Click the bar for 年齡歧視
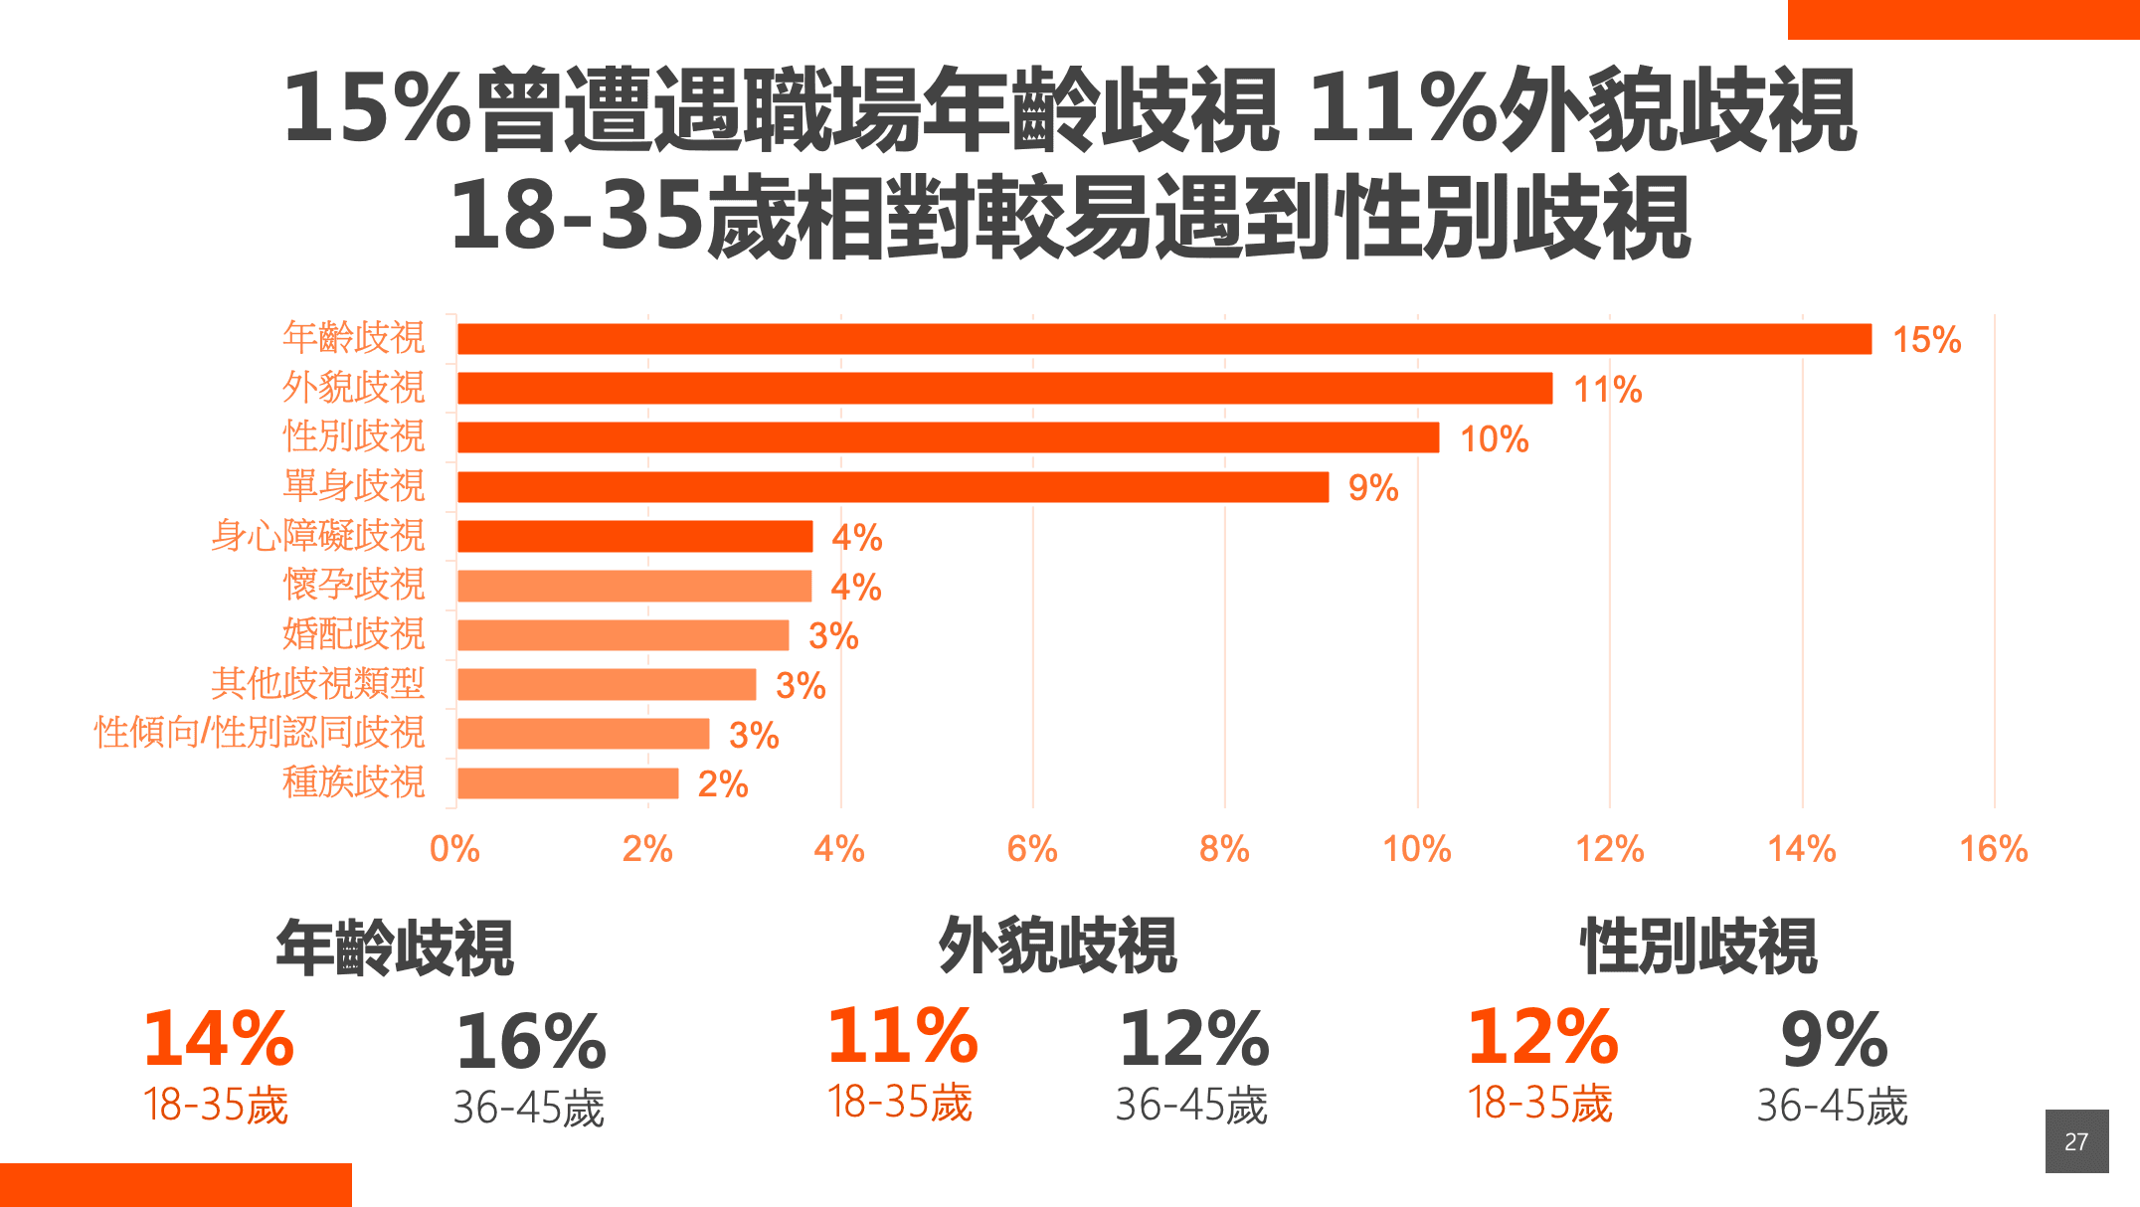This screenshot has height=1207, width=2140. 1163,339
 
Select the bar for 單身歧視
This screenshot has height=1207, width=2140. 892,487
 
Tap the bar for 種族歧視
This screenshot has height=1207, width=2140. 568,783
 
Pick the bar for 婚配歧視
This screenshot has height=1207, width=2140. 623,635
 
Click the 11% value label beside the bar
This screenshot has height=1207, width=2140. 1607,390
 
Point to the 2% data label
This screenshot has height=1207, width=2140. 723,784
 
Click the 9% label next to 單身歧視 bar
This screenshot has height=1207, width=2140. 1372,488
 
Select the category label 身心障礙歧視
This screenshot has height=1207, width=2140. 317,536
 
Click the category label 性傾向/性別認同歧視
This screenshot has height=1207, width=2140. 260,733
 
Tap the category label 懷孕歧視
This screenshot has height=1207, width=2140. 353,585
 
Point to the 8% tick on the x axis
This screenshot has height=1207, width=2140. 1224,850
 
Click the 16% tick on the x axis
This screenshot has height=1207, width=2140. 1993,850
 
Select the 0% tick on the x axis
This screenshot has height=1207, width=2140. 454,850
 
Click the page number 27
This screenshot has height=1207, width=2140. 2076,1141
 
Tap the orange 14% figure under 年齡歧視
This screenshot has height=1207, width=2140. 218,1039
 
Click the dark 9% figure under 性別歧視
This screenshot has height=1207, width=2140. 1834,1040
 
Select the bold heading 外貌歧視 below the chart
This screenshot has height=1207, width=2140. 1057,946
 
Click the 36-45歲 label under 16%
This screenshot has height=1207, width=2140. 528,1108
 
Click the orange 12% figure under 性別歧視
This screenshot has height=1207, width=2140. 1542,1037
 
